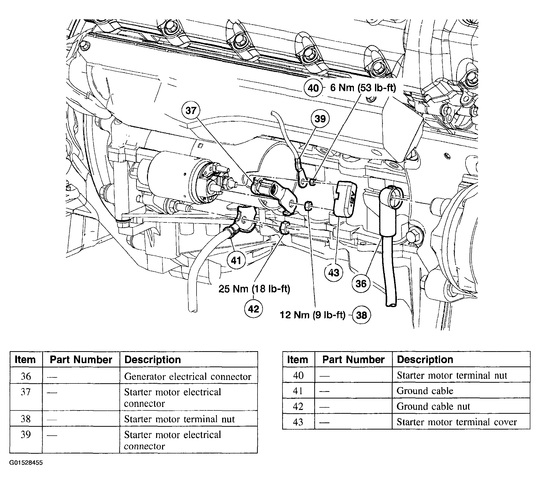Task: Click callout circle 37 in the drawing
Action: (x=191, y=110)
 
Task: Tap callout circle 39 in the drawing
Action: (x=320, y=119)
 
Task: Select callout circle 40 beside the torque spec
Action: (x=313, y=88)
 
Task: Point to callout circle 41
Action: (x=236, y=260)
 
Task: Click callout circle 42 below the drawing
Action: (x=253, y=309)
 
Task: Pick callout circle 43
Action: (x=334, y=273)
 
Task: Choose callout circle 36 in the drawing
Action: (x=361, y=283)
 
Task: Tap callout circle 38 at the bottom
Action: (x=362, y=315)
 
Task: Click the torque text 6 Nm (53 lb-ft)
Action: (x=363, y=88)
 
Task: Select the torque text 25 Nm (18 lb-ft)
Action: (x=254, y=289)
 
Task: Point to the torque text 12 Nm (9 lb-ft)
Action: (x=312, y=315)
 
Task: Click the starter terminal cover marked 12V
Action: (x=345, y=199)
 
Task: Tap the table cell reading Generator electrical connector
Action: (x=188, y=377)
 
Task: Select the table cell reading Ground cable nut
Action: (x=433, y=406)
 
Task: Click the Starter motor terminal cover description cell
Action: (x=457, y=422)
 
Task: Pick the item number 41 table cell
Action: (x=298, y=391)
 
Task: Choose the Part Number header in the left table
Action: (x=81, y=360)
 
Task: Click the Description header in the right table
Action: (x=425, y=360)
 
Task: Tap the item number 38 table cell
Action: (x=26, y=419)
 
